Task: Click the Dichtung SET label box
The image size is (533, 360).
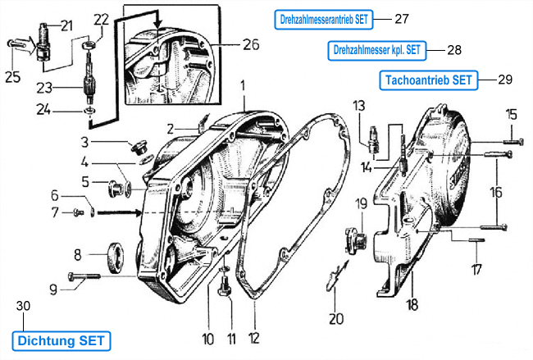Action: (x=61, y=341)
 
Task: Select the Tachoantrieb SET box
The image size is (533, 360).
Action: (x=429, y=80)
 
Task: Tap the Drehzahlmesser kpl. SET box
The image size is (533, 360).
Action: (x=377, y=51)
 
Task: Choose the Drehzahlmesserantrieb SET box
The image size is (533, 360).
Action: (x=324, y=20)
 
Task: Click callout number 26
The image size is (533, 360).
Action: (x=251, y=44)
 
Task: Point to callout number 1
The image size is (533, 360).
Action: (x=243, y=85)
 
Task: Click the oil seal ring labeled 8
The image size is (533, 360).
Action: (x=116, y=257)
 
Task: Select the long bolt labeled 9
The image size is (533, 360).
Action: (x=84, y=276)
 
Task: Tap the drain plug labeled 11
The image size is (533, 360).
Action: (x=225, y=286)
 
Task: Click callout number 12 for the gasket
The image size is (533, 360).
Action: (x=254, y=338)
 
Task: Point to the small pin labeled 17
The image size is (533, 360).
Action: (x=476, y=239)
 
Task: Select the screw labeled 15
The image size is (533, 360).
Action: (x=513, y=141)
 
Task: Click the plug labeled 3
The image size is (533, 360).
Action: (x=139, y=146)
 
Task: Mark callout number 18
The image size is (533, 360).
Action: (x=412, y=305)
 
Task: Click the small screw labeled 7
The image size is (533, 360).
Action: (x=79, y=213)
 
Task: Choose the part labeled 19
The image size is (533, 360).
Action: (x=355, y=240)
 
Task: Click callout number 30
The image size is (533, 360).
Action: (x=23, y=306)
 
